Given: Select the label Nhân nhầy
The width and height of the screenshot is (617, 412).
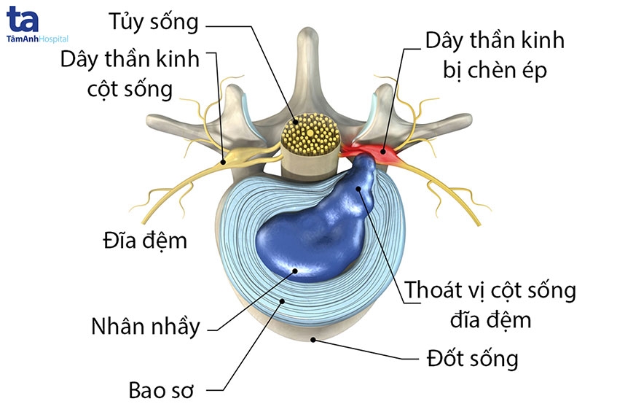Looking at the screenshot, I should coord(146,325).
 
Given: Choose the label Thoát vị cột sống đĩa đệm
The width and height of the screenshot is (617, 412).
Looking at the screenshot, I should coord(490,304).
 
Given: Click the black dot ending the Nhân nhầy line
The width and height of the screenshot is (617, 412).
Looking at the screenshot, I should coord(295,271).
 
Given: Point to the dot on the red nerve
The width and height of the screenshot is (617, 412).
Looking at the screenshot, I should coord(381,153).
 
